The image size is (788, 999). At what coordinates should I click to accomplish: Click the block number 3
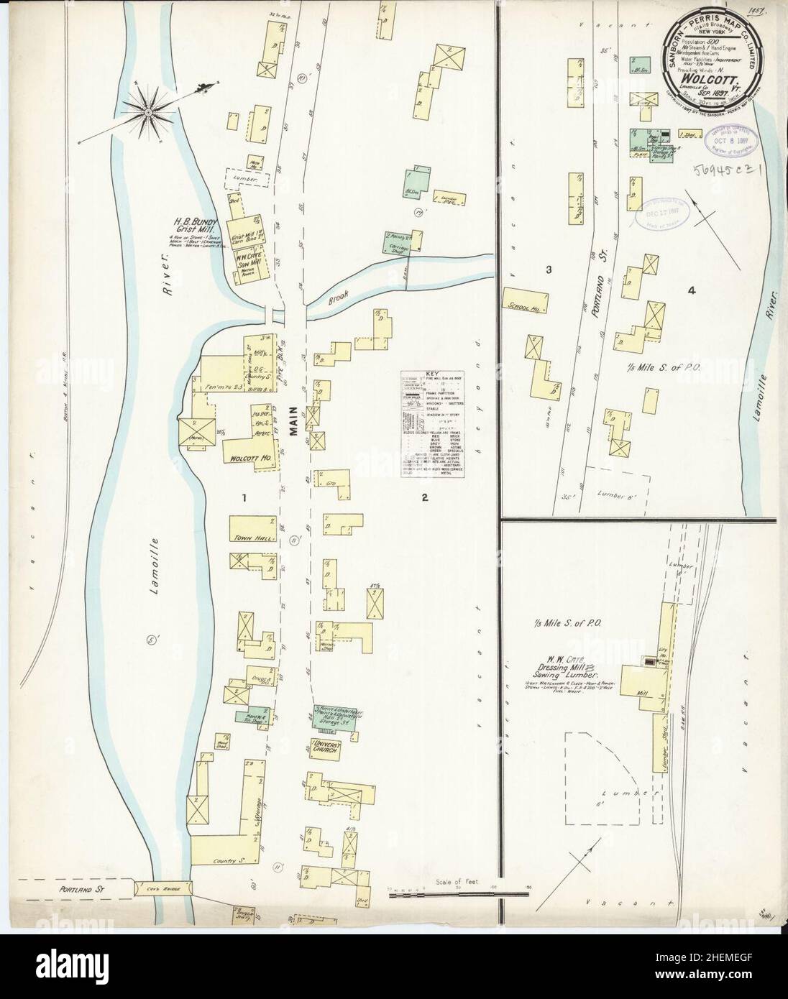(549, 270)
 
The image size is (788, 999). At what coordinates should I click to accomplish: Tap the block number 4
(691, 291)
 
